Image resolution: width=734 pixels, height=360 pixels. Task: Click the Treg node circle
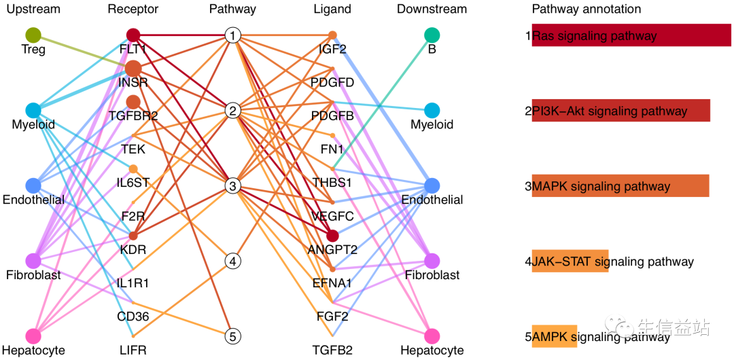[x=33, y=35]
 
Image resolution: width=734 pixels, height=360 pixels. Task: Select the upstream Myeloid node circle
[x=33, y=110]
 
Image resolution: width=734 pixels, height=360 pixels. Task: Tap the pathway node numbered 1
[x=233, y=35]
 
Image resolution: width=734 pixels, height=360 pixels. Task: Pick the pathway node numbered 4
[x=233, y=261]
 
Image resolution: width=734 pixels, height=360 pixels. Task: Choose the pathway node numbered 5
[x=233, y=336]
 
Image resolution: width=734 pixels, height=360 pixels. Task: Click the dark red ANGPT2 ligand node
[x=332, y=236]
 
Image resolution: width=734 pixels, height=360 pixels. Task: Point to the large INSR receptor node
[x=133, y=69]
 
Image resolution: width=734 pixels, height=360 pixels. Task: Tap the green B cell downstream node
[x=432, y=35]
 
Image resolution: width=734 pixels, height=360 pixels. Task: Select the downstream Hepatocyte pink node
[x=432, y=336]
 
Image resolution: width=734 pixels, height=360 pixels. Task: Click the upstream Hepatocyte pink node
[x=33, y=336]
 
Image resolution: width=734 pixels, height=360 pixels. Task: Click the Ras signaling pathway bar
[x=631, y=35]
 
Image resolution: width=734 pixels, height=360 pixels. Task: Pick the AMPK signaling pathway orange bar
[x=555, y=336]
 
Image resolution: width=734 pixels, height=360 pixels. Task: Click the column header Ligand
[x=332, y=9]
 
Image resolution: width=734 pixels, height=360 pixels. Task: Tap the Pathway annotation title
[x=586, y=9]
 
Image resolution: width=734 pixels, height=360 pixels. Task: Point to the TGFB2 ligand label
[x=332, y=350]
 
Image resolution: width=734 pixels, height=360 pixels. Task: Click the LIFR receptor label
[x=133, y=350]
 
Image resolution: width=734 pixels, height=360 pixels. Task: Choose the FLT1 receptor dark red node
[x=133, y=35]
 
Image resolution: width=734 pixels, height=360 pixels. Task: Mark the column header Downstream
[x=432, y=9]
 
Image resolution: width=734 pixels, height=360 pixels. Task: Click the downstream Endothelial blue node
[x=432, y=185]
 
